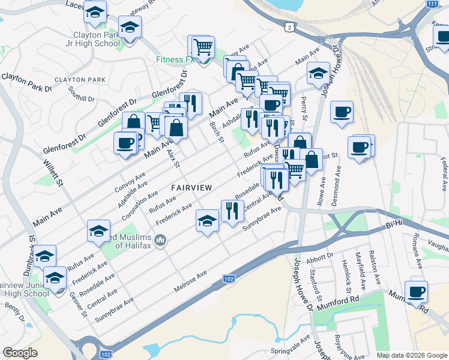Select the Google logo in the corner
(x=20, y=353)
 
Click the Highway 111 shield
(x=432, y=4)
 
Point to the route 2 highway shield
(x=291, y=28)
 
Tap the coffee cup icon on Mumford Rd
(x=416, y=292)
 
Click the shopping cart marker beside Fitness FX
(x=203, y=46)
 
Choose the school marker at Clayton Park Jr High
(x=129, y=28)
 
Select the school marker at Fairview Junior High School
(x=55, y=278)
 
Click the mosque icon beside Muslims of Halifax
(x=160, y=241)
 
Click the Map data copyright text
(x=412, y=355)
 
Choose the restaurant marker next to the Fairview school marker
(x=232, y=211)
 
